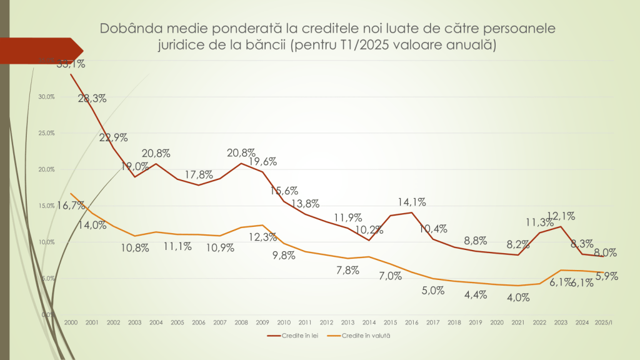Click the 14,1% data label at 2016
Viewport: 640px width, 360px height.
point(411,202)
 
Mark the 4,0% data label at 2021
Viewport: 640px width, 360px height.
point(518,297)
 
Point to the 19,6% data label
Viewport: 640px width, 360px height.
point(262,162)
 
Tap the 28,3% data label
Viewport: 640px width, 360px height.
point(92,98)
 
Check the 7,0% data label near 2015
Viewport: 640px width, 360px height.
point(389,276)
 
